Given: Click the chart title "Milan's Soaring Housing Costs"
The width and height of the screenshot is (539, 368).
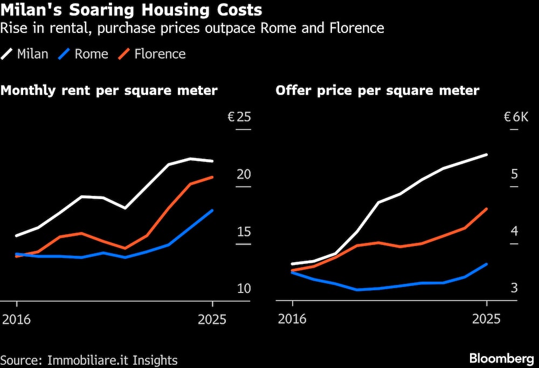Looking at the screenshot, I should (132, 10).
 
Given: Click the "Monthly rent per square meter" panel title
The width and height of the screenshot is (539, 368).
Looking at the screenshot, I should (109, 90).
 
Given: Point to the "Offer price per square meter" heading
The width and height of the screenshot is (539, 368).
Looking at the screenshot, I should (377, 90).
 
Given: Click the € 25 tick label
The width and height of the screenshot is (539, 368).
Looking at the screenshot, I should (239, 117).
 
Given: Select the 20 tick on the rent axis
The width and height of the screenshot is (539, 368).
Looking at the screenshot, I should (244, 174).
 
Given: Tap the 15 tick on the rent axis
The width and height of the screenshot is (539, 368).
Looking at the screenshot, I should (244, 231).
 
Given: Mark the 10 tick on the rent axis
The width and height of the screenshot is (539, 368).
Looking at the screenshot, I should (244, 289).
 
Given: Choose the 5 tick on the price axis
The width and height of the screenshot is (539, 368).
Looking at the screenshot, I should (514, 174).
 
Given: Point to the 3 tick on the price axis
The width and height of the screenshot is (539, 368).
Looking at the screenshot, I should (514, 289).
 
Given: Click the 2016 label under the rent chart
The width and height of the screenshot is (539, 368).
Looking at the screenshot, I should (17, 319).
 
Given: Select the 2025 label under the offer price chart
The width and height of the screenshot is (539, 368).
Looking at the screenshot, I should (486, 319).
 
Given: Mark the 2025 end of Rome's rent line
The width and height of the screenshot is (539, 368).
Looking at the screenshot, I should (213, 210).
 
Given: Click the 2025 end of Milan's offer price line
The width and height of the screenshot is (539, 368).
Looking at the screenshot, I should (487, 155).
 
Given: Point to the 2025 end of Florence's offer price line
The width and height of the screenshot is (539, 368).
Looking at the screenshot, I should (487, 209).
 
